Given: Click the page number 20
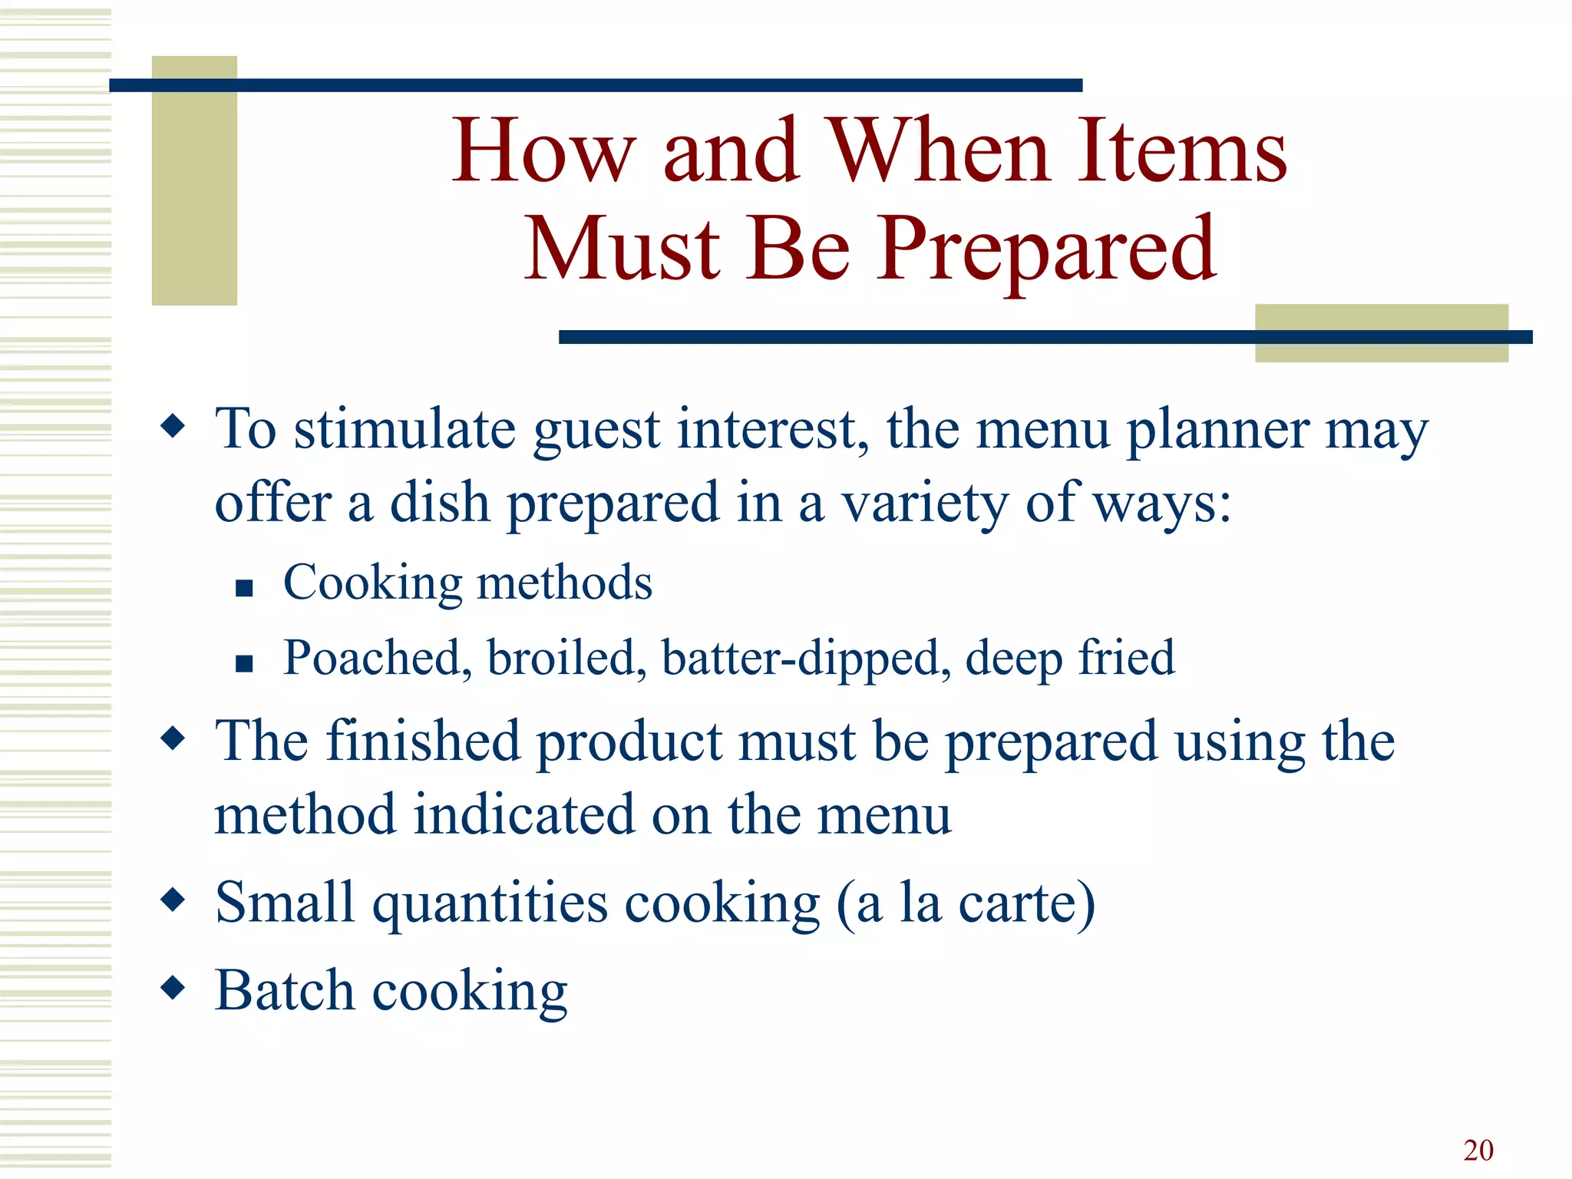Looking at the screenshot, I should (x=1478, y=1150).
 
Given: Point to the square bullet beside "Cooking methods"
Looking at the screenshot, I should (x=244, y=588).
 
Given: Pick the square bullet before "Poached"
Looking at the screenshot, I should (x=244, y=663).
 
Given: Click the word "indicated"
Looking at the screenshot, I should (x=523, y=815).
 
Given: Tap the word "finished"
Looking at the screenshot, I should (x=423, y=741).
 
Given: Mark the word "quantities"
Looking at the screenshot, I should (x=490, y=904).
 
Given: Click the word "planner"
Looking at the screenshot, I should (x=1217, y=430).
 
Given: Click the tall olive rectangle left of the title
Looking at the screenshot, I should (x=194, y=180).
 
